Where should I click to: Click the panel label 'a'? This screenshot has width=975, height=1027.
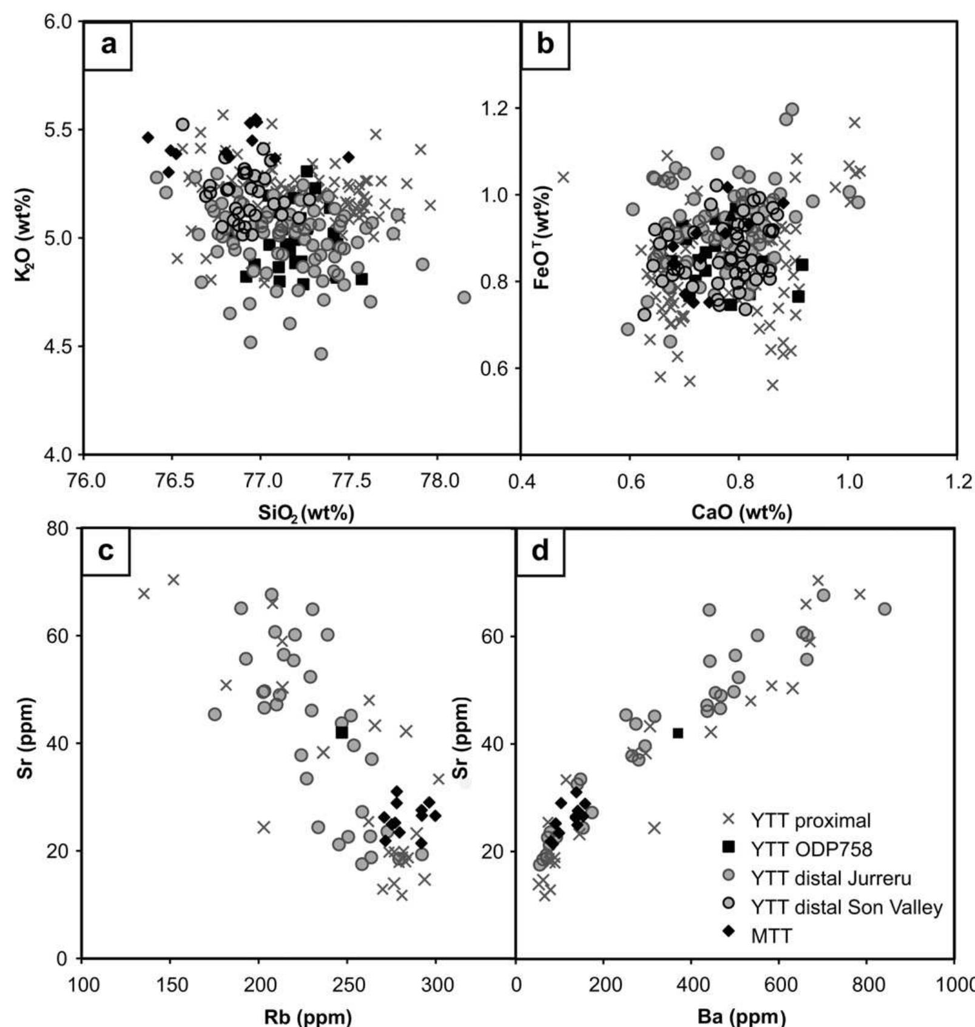pyautogui.click(x=108, y=46)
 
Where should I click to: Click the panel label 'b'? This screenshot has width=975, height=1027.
pyautogui.click(x=545, y=46)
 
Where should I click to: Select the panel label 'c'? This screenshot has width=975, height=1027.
pyautogui.click(x=106, y=552)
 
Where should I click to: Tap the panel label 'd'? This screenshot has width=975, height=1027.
pyautogui.click(x=540, y=552)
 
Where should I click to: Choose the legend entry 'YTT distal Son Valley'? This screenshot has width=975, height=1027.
pyautogui.click(x=846, y=907)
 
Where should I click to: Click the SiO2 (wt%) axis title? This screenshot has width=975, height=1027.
pyautogui.click(x=306, y=513)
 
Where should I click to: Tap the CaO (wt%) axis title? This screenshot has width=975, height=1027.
pyautogui.click(x=741, y=513)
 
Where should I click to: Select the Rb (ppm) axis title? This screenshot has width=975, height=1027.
pyautogui.click(x=308, y=1016)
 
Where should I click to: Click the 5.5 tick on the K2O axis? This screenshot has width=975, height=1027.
pyautogui.click(x=58, y=130)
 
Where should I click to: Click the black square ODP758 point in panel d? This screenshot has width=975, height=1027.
pyautogui.click(x=678, y=733)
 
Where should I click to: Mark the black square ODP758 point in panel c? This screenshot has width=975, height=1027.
pyautogui.click(x=342, y=733)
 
